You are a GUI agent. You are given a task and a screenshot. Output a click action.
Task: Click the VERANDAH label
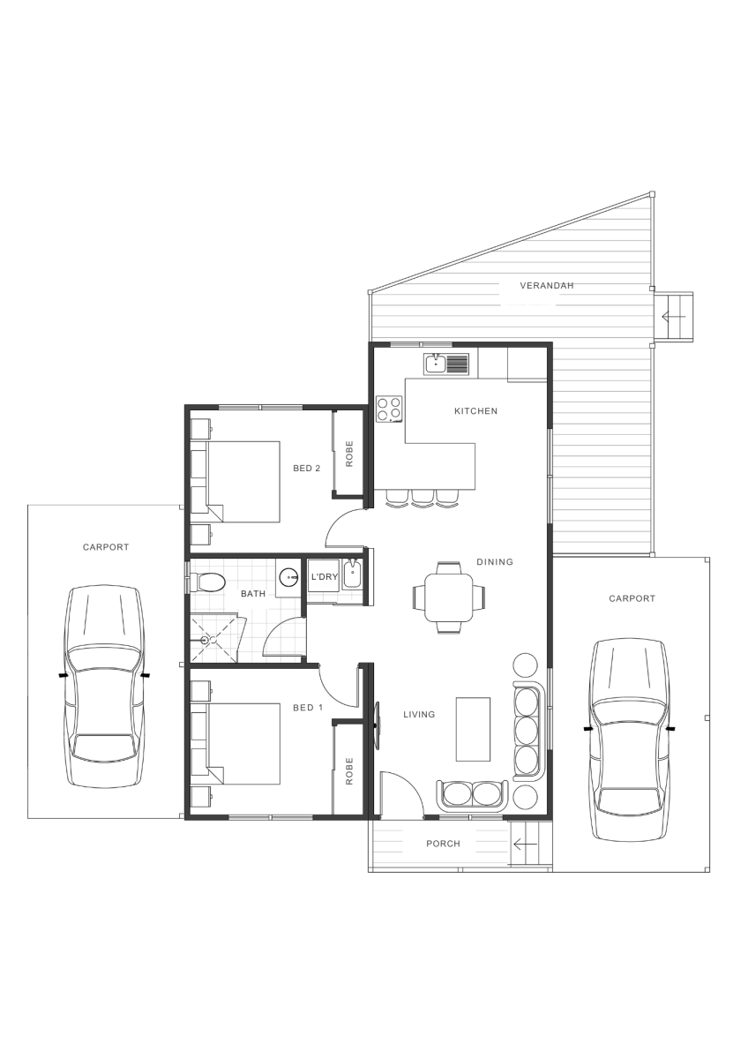tap(546, 286)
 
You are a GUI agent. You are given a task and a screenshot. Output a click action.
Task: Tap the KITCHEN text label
tap(475, 411)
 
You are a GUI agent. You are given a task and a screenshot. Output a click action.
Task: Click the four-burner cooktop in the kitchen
tap(389, 409)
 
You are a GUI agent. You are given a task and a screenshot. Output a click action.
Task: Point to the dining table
tap(448, 597)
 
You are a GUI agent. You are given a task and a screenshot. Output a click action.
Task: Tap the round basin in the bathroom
tap(288, 577)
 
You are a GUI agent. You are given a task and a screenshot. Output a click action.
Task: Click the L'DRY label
tap(325, 577)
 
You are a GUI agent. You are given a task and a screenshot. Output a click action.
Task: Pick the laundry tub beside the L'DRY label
tap(352, 574)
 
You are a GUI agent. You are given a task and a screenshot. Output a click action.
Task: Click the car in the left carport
tap(105, 687)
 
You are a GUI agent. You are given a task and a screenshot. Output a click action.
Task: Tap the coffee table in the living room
tap(473, 729)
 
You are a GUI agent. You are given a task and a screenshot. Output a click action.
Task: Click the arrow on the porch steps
tap(525, 844)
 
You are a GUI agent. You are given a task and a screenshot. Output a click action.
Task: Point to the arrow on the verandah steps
tap(673, 316)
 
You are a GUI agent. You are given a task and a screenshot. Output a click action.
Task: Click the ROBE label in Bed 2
tap(349, 454)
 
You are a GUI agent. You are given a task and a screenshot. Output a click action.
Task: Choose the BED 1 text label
tap(308, 708)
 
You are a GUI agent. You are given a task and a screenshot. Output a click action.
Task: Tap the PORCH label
tap(443, 844)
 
